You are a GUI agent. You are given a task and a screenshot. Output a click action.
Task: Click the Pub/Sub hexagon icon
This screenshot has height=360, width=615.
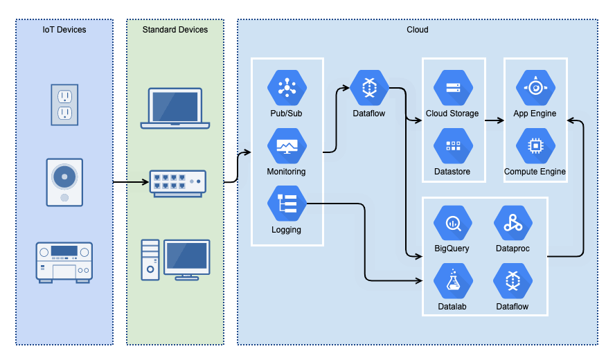tap(287, 88)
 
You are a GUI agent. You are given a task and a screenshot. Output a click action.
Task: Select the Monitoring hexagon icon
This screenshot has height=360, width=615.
tap(287, 146)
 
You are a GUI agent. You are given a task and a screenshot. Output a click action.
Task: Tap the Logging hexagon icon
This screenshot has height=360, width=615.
tap(287, 204)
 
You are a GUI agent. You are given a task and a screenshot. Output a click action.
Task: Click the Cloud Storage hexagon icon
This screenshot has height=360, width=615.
tap(453, 88)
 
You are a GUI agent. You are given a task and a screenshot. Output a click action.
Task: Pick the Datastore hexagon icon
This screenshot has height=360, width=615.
tap(453, 146)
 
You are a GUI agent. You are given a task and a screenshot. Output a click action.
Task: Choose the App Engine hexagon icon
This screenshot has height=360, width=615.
tap(535, 88)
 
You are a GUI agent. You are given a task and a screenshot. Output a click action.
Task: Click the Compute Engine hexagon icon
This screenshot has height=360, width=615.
tap(535, 146)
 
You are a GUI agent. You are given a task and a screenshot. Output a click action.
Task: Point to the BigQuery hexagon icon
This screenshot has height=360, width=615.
tap(453, 223)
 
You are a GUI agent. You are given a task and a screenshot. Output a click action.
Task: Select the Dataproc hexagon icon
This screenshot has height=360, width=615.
tap(512, 223)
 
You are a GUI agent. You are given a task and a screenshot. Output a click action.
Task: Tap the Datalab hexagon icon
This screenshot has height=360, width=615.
tap(453, 281)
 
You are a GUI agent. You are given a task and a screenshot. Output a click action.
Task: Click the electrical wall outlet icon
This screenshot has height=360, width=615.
tap(64, 105)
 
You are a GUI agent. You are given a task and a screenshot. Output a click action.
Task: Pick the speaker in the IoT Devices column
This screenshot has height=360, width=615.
tap(64, 182)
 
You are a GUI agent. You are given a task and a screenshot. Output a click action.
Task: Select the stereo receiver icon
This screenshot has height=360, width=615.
tap(64, 261)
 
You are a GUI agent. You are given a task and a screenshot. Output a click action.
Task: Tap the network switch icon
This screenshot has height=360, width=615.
tap(178, 183)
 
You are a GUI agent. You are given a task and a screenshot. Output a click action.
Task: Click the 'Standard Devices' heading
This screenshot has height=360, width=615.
tap(175, 30)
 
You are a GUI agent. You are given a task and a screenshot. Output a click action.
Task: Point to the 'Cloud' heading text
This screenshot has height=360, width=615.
tap(417, 30)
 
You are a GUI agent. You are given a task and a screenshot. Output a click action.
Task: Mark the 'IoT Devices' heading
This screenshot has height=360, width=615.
tap(64, 30)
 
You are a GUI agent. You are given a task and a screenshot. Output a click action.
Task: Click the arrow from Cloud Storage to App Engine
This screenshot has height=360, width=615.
tap(494, 120)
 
